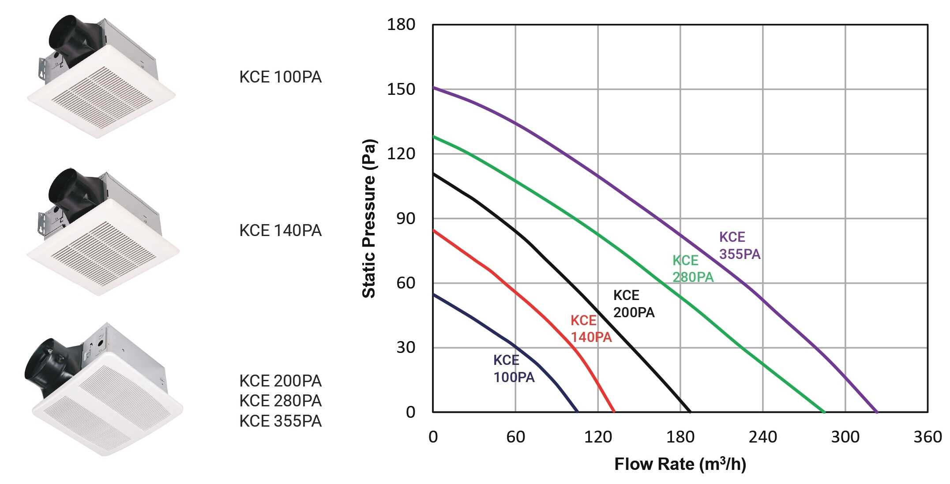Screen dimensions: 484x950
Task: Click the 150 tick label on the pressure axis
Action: [x=401, y=89]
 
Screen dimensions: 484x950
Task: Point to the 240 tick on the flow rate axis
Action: [x=762, y=437]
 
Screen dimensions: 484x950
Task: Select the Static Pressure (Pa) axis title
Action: [x=369, y=218]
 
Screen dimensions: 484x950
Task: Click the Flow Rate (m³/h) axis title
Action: [x=680, y=464]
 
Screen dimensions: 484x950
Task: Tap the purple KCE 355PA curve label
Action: [x=740, y=246]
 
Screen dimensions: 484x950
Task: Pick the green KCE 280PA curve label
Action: [x=692, y=269]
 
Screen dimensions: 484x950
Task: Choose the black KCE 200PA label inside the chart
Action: [x=634, y=304]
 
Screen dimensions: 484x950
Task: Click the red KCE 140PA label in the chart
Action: [x=591, y=329]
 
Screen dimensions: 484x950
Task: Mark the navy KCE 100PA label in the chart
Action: [x=514, y=369]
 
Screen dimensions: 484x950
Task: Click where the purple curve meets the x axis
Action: [x=876, y=412]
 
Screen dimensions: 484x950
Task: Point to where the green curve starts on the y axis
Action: [x=434, y=137]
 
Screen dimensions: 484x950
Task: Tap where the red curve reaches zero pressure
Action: [x=614, y=412]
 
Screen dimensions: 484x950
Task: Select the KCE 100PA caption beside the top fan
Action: [x=280, y=77]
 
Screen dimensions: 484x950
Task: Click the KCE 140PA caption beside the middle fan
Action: [x=280, y=231]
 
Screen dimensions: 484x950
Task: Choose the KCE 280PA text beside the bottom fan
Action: [x=280, y=401]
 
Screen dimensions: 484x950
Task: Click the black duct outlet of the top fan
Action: [x=66, y=35]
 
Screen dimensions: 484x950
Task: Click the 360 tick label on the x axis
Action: [x=927, y=437]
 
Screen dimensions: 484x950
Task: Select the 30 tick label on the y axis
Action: [x=406, y=348]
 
